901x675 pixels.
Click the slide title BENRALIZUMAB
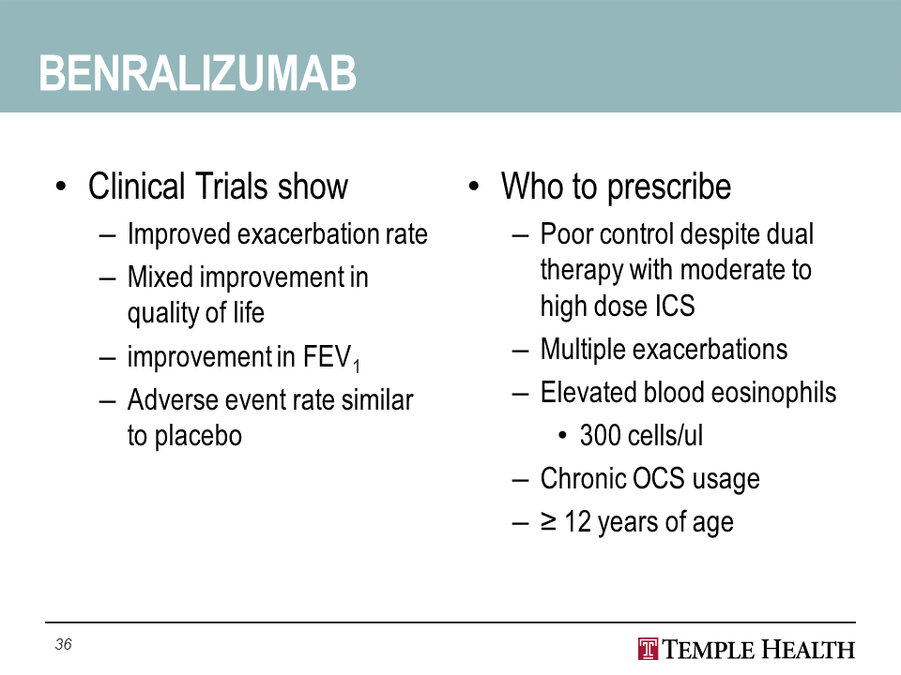pos(198,73)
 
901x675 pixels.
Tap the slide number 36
pos(63,644)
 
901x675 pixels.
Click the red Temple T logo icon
pos(649,649)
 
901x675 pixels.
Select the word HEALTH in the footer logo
pos(808,650)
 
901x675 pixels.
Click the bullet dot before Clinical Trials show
pos(61,187)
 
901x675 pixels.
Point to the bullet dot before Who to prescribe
pos(473,187)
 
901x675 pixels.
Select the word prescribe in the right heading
pos(669,187)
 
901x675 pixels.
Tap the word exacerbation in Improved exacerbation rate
pos(308,234)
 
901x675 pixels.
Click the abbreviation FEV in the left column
pos(327,356)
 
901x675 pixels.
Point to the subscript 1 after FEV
pos(357,367)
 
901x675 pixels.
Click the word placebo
pos(198,436)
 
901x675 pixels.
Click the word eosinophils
pos(774,393)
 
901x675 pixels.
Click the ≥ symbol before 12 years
pos(548,521)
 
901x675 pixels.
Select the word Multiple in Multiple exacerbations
pos(583,350)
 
